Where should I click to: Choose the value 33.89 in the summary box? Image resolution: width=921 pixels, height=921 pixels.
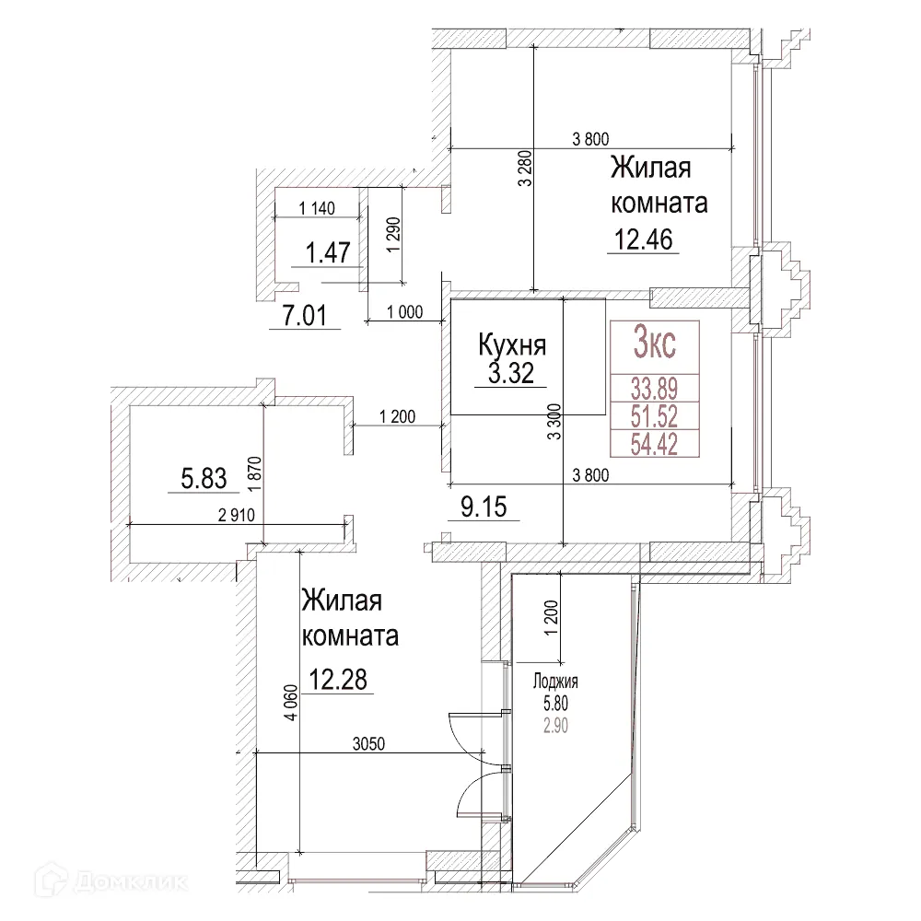click(654, 387)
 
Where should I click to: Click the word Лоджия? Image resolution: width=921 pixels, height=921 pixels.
click(555, 682)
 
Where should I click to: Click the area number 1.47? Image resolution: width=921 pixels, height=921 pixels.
click(326, 251)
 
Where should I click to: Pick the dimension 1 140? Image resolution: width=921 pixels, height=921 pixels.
click(319, 208)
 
